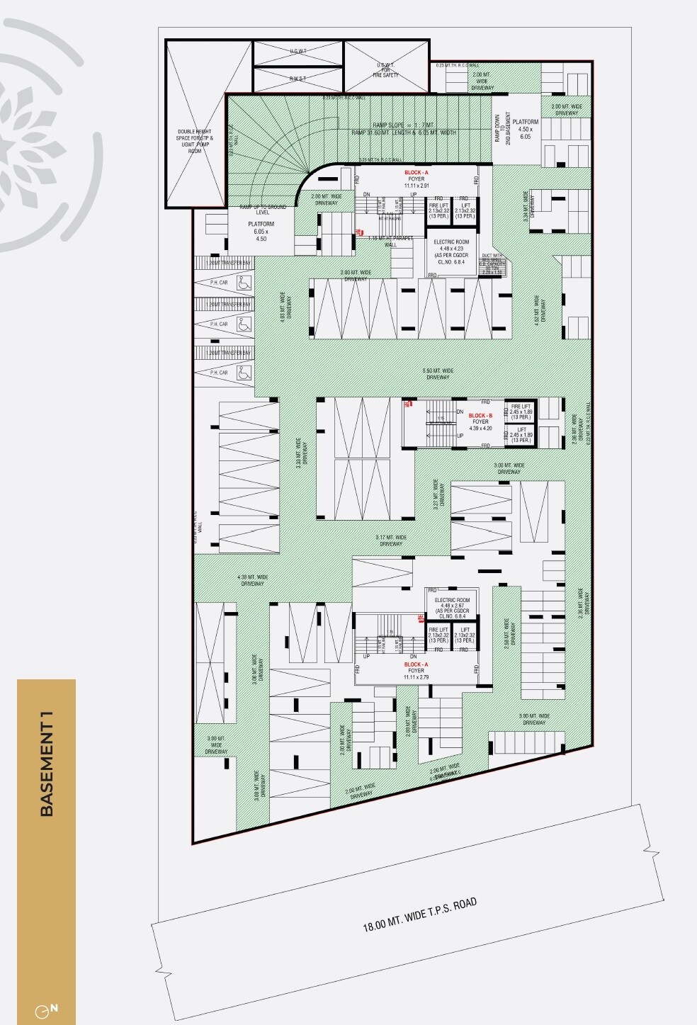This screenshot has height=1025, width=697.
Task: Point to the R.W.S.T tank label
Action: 297,79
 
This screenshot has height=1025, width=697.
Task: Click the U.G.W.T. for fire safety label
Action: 387,69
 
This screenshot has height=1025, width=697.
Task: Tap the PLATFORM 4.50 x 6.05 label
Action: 525,129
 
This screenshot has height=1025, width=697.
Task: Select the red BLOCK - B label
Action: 480,415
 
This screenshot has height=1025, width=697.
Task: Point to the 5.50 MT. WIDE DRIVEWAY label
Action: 437,374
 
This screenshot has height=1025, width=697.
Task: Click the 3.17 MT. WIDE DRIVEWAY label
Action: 390,540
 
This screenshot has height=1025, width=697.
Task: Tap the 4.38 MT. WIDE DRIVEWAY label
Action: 253,581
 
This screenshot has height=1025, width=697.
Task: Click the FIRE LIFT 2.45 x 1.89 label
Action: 521,412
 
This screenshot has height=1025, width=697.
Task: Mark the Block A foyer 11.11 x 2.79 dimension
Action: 416,677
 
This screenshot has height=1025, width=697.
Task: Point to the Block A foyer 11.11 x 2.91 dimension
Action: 416,186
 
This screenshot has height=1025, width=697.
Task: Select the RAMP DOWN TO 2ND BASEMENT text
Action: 503,129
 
